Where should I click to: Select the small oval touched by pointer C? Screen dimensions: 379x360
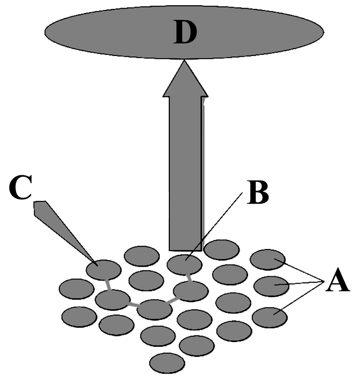point(104,270)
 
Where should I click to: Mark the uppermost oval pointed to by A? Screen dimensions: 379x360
point(268,259)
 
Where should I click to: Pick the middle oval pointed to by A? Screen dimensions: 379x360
point(271,286)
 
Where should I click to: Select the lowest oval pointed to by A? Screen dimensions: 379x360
point(269,317)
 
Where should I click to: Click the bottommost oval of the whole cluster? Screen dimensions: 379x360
point(167,363)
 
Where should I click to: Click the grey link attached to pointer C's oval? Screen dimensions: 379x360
point(108,285)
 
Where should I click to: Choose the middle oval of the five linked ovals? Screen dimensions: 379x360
point(154,309)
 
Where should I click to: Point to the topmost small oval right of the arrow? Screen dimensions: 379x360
point(222,250)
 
